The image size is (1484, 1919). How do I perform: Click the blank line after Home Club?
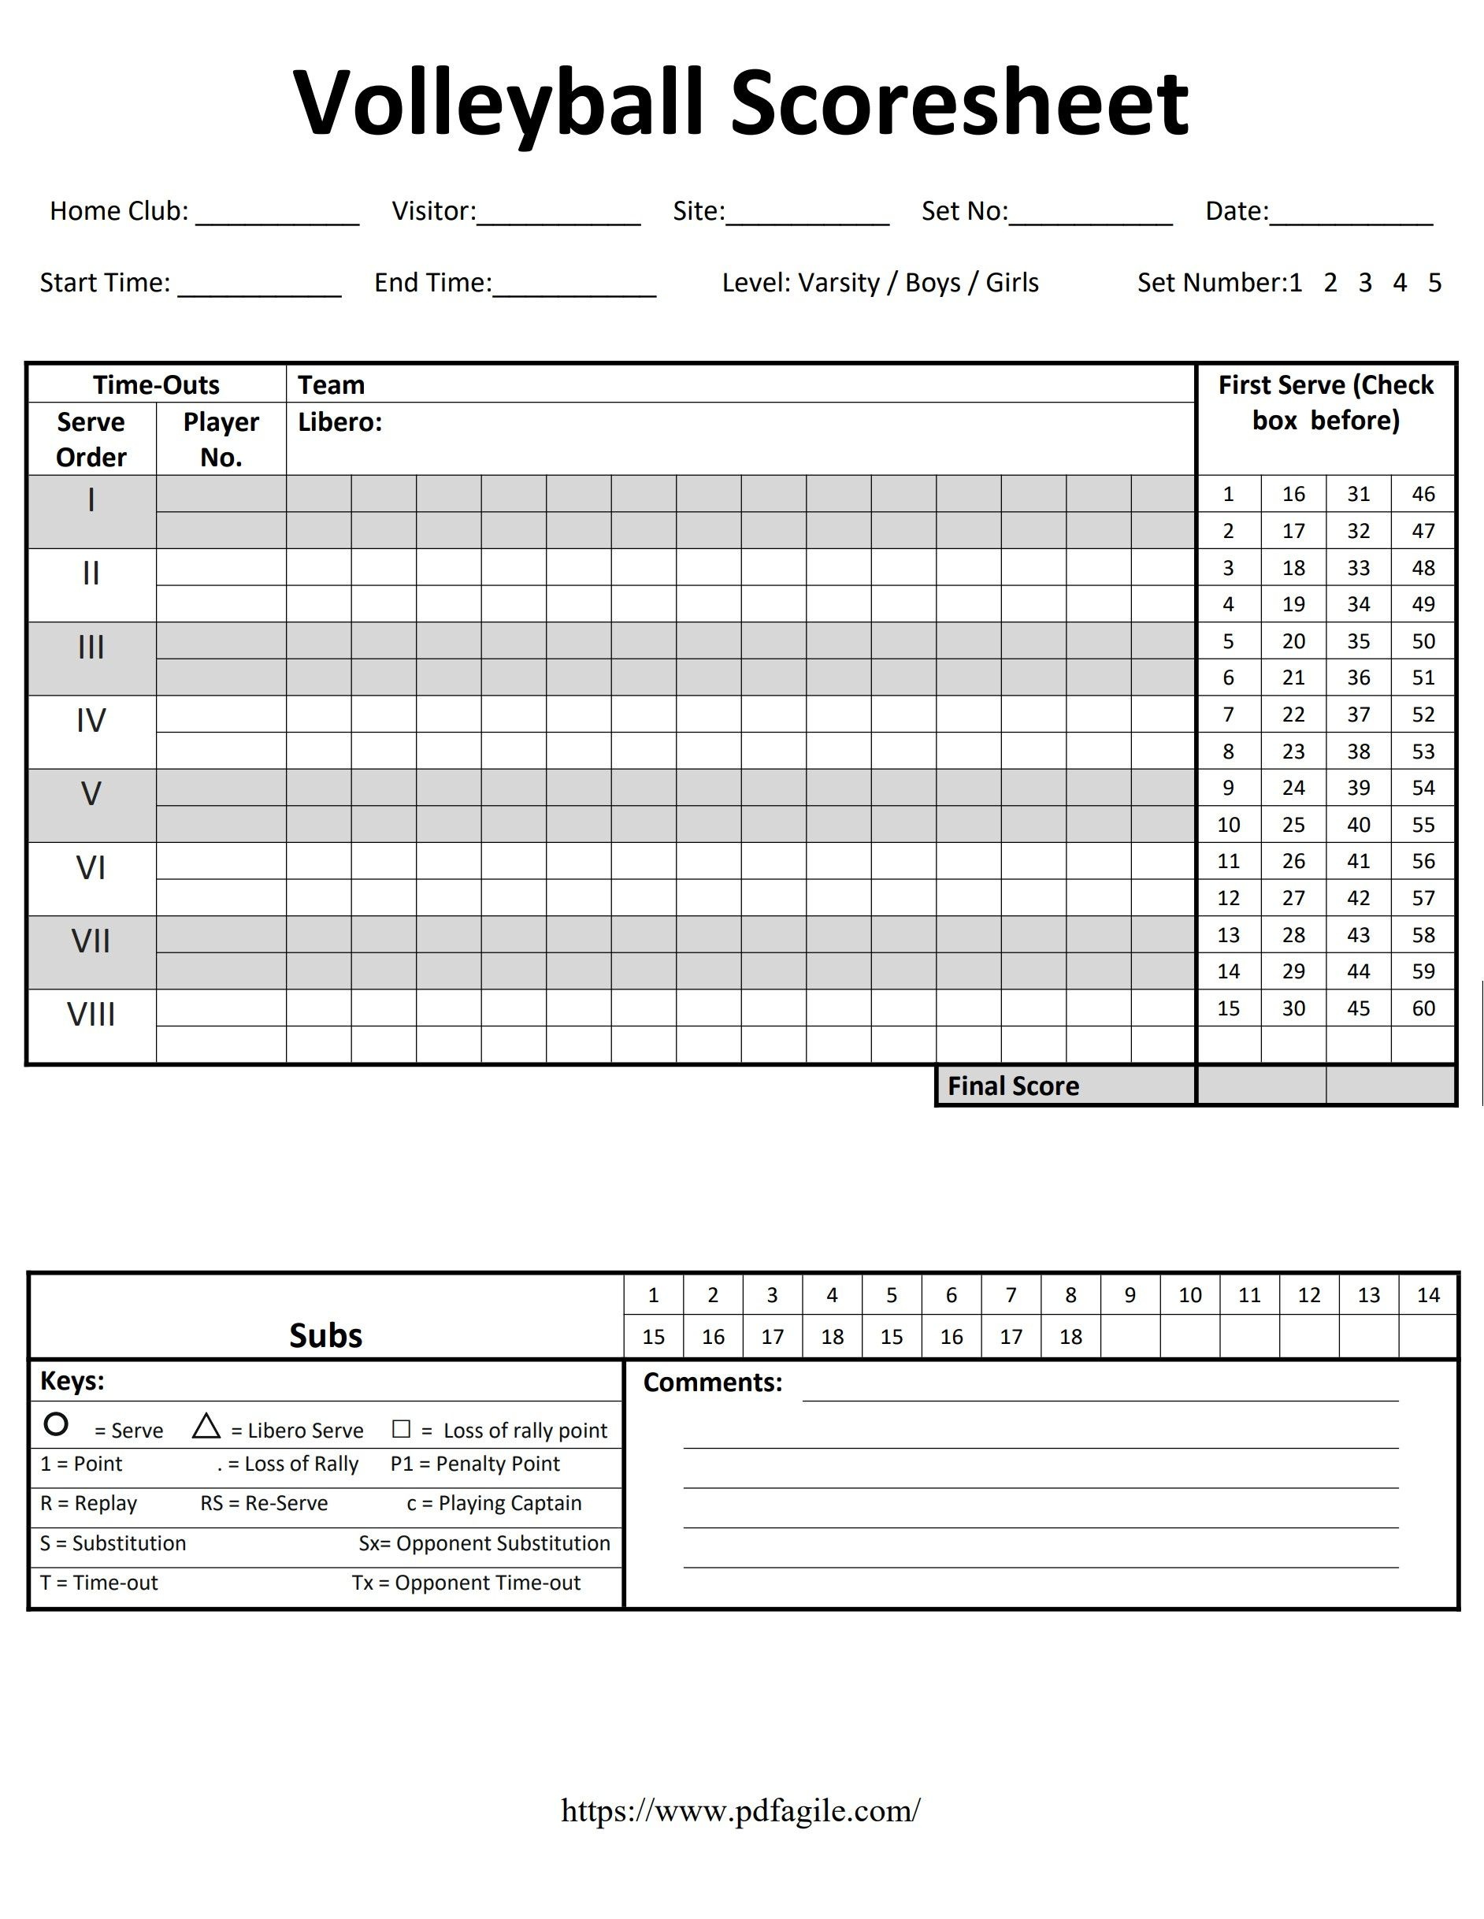276,215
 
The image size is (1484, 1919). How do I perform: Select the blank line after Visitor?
558,215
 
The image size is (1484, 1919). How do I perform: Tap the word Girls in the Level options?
1011,283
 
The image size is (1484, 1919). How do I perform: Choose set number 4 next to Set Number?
1400,283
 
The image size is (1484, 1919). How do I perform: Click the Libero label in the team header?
340,422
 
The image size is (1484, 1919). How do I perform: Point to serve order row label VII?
91,942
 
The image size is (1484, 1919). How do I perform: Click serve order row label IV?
91,722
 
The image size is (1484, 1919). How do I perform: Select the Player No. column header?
221,440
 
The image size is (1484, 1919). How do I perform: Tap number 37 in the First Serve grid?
1358,715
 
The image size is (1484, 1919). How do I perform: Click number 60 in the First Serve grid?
1423,1008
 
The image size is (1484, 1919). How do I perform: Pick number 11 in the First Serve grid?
1228,861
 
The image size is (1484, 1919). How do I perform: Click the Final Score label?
1013,1087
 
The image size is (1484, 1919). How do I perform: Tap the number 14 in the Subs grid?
1428,1295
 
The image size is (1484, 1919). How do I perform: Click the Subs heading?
325,1335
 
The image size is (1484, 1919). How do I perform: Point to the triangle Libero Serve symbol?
206,1426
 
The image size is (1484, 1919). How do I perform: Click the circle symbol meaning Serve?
56,1424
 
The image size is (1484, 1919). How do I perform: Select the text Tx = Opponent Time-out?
466,1583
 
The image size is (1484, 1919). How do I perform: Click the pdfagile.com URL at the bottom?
740,1811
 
